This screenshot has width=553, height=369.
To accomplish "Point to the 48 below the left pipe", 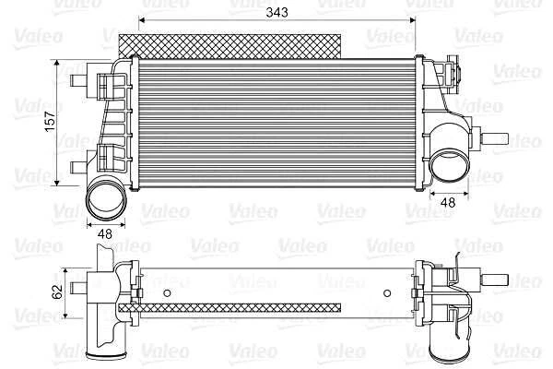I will (x=104, y=233).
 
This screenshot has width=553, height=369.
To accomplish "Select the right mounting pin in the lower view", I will (x=498, y=279).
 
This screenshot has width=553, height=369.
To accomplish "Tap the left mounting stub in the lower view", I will (x=79, y=281).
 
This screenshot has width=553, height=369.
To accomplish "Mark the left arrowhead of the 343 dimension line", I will (x=142, y=20).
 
